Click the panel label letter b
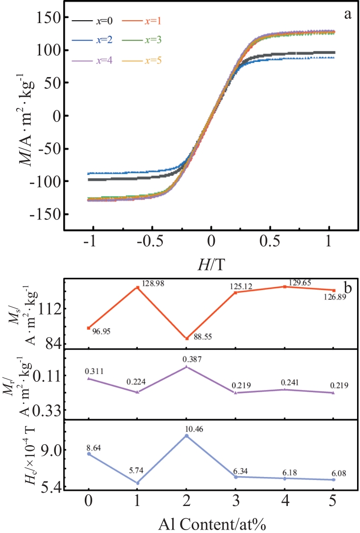(x=349, y=287)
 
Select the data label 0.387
(x=187, y=360)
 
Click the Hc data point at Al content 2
(x=186, y=435)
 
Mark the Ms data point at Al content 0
(x=89, y=327)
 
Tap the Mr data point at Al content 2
(x=186, y=367)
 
